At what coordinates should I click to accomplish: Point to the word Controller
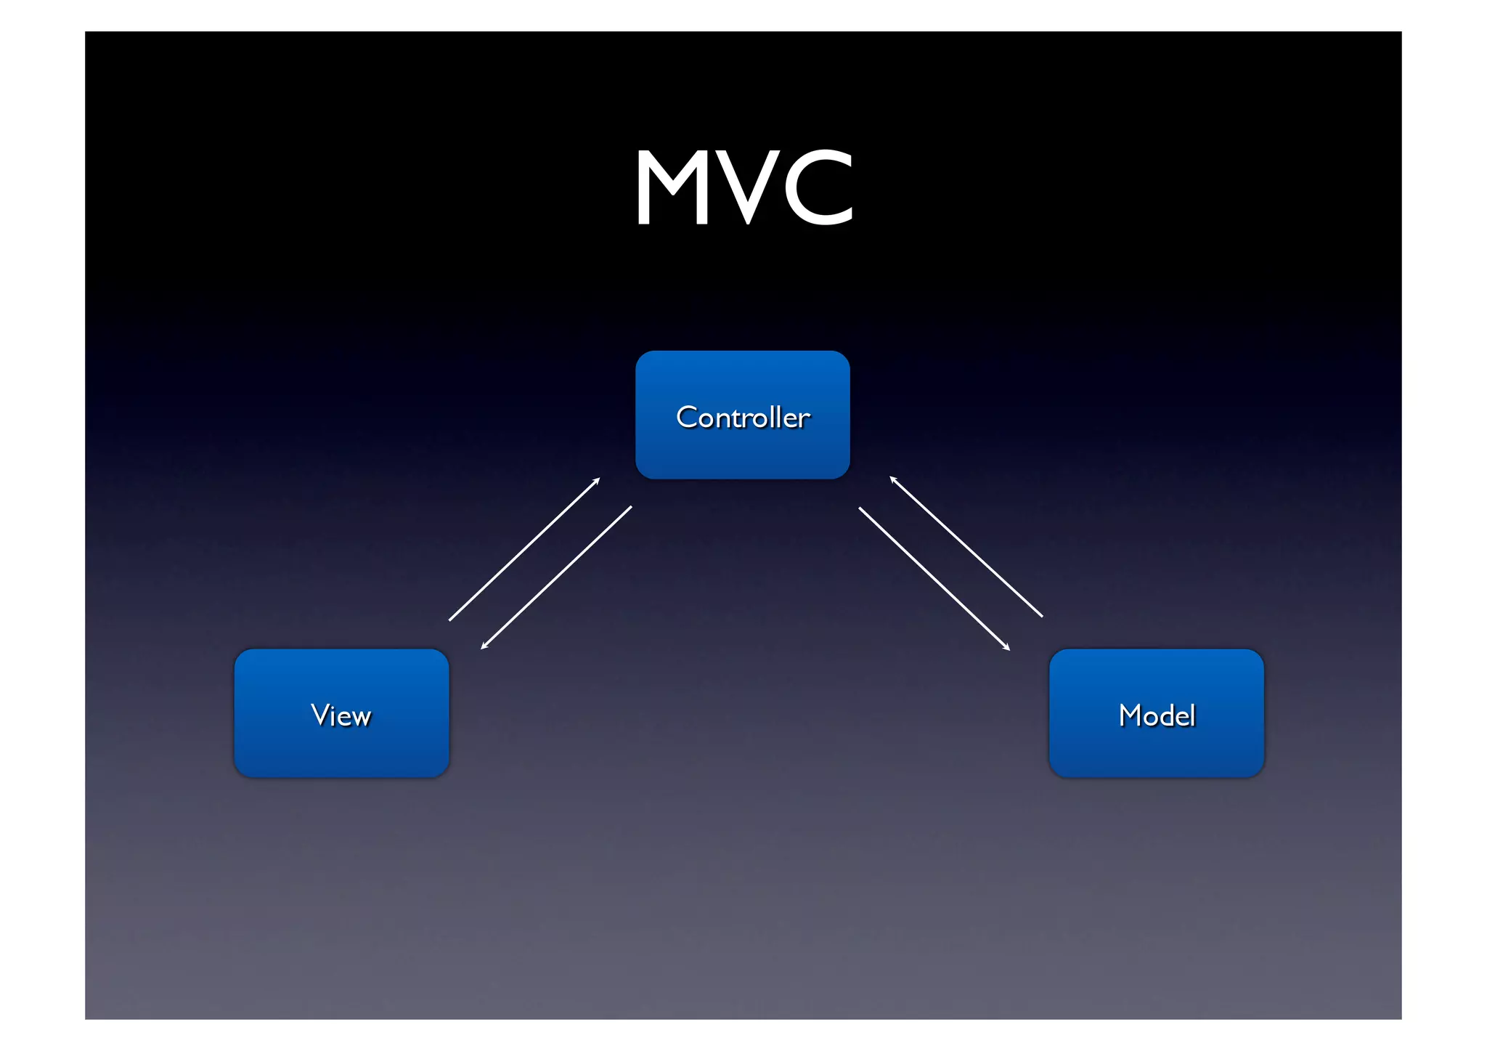pos(742,418)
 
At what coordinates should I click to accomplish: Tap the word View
pos(341,715)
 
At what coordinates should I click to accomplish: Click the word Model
pos(1157,715)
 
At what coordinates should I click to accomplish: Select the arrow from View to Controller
pos(524,549)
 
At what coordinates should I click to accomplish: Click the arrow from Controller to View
pos(556,577)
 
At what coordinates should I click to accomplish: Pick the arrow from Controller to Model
pos(934,579)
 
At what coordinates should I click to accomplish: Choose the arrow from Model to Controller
pos(966,547)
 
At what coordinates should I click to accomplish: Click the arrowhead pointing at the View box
pos(483,647)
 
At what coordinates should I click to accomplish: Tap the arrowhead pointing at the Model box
pos(1008,648)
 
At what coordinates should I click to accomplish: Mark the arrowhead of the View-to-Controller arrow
pos(598,479)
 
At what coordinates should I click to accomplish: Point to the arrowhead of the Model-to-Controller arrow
pos(892,478)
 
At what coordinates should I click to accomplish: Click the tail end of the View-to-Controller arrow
pos(450,620)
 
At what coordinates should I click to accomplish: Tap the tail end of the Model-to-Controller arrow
pos(1042,616)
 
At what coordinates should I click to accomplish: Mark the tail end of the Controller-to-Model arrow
pos(860,508)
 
